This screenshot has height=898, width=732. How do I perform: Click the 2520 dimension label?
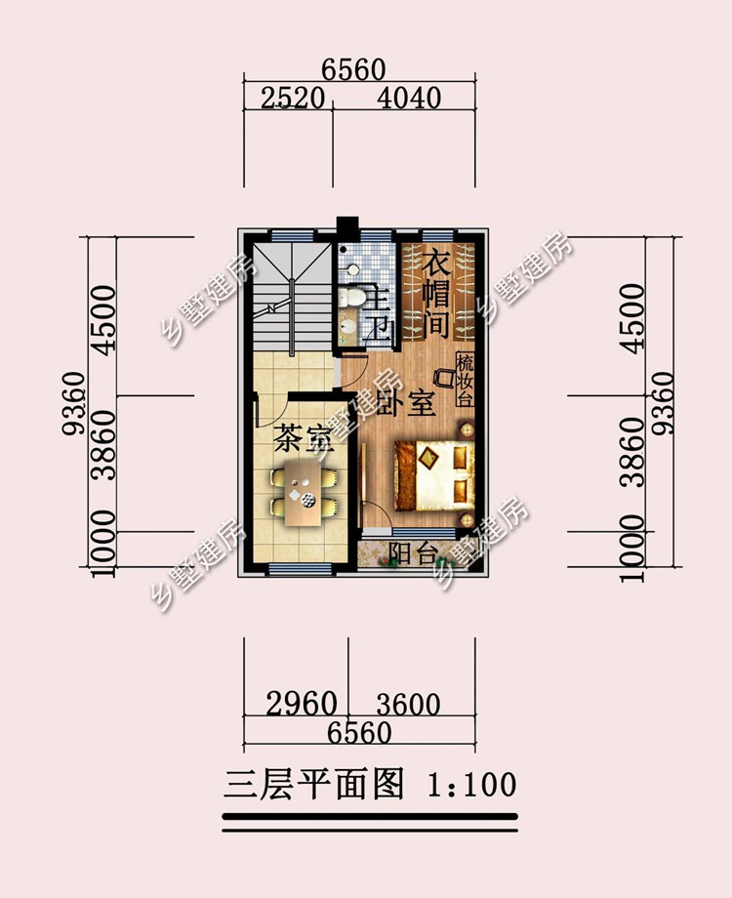tap(293, 99)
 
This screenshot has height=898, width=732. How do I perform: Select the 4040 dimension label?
tap(409, 99)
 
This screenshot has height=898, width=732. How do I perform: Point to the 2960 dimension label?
tap(302, 704)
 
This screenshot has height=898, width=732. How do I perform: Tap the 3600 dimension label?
tap(408, 705)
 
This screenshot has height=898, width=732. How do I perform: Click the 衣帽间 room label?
tap(436, 295)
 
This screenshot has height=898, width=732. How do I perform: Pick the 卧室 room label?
tap(407, 402)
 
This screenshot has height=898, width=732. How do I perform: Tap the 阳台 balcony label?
tap(414, 552)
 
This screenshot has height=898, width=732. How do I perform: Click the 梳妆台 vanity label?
tap(465, 380)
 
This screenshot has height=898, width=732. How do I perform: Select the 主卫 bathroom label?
tap(378, 312)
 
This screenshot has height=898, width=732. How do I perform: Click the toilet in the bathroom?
tap(350, 297)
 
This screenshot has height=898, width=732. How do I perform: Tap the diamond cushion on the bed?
tap(427, 458)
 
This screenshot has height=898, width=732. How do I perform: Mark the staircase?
tap(293, 298)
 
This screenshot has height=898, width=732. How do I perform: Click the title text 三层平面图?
tap(314, 784)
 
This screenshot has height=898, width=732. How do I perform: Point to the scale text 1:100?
tap(472, 785)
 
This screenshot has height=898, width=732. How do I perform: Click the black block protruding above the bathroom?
tap(347, 229)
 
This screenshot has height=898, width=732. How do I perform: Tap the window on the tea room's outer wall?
tap(301, 569)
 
